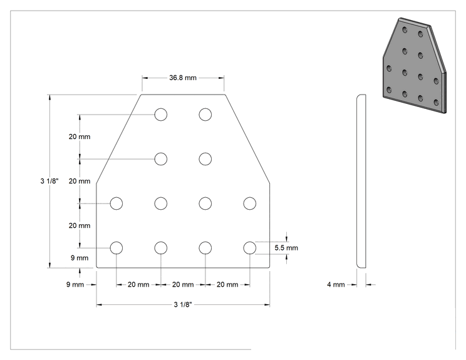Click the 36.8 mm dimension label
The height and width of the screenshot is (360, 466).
coord(183,78)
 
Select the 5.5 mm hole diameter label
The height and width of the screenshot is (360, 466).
coord(286,248)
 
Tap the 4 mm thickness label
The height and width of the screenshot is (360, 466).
coord(336,284)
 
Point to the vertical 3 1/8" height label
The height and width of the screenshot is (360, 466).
coord(49,181)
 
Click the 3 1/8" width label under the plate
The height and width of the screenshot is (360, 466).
coord(183,305)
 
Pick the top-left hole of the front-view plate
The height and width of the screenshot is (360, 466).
coord(161,115)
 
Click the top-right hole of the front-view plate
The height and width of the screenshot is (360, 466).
coord(205,115)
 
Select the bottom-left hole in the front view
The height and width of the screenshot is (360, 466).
coord(116,248)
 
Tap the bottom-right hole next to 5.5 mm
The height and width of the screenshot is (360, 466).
coord(250,248)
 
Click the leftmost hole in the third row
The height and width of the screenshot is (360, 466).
coord(116,203)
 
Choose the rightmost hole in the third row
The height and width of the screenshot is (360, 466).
coord(250,203)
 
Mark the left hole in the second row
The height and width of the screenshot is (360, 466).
coord(161,159)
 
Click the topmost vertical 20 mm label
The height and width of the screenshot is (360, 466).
coord(80,136)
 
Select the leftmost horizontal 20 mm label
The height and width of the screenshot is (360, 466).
coord(138,284)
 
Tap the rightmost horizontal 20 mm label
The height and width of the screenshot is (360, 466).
coord(227,284)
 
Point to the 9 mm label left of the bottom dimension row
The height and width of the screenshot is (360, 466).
coord(75,284)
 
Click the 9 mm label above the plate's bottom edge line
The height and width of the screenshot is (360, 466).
coord(80,258)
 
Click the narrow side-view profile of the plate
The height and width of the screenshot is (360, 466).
coord(361,181)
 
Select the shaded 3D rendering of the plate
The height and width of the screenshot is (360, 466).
coord(415,66)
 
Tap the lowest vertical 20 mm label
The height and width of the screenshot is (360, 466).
coord(80,226)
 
